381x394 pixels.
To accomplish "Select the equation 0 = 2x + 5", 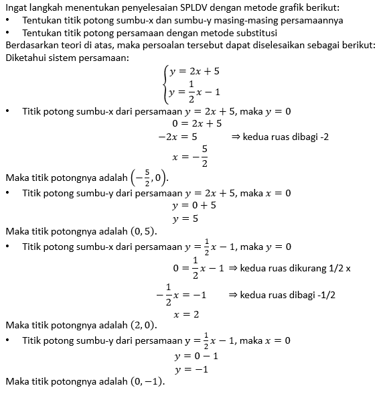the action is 197,123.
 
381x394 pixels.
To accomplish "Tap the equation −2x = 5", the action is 177,137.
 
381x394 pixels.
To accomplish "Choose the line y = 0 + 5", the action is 194,205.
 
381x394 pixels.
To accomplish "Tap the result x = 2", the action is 186,314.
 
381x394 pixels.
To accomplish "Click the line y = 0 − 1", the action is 196,356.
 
